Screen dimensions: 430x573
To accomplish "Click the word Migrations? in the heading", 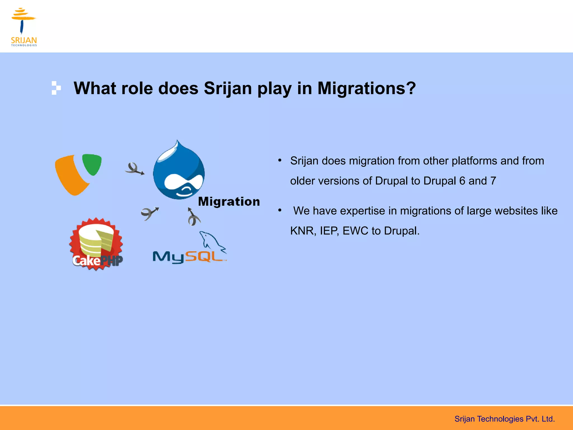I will (x=367, y=88).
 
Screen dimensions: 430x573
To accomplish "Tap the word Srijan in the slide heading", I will (x=228, y=88).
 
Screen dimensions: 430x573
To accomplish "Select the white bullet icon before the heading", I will (x=56, y=88).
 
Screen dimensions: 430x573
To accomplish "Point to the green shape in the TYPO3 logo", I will (x=92, y=164).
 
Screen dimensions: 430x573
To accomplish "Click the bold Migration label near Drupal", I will (x=229, y=202).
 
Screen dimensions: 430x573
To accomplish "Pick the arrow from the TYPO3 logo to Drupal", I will (x=135, y=169).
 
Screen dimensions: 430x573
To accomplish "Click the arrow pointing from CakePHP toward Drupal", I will (x=150, y=214).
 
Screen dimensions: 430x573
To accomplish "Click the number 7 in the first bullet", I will (x=493, y=181).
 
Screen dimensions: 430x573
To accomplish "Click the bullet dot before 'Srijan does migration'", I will (x=280, y=160).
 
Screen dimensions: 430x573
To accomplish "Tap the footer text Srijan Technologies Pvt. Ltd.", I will (x=504, y=419).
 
